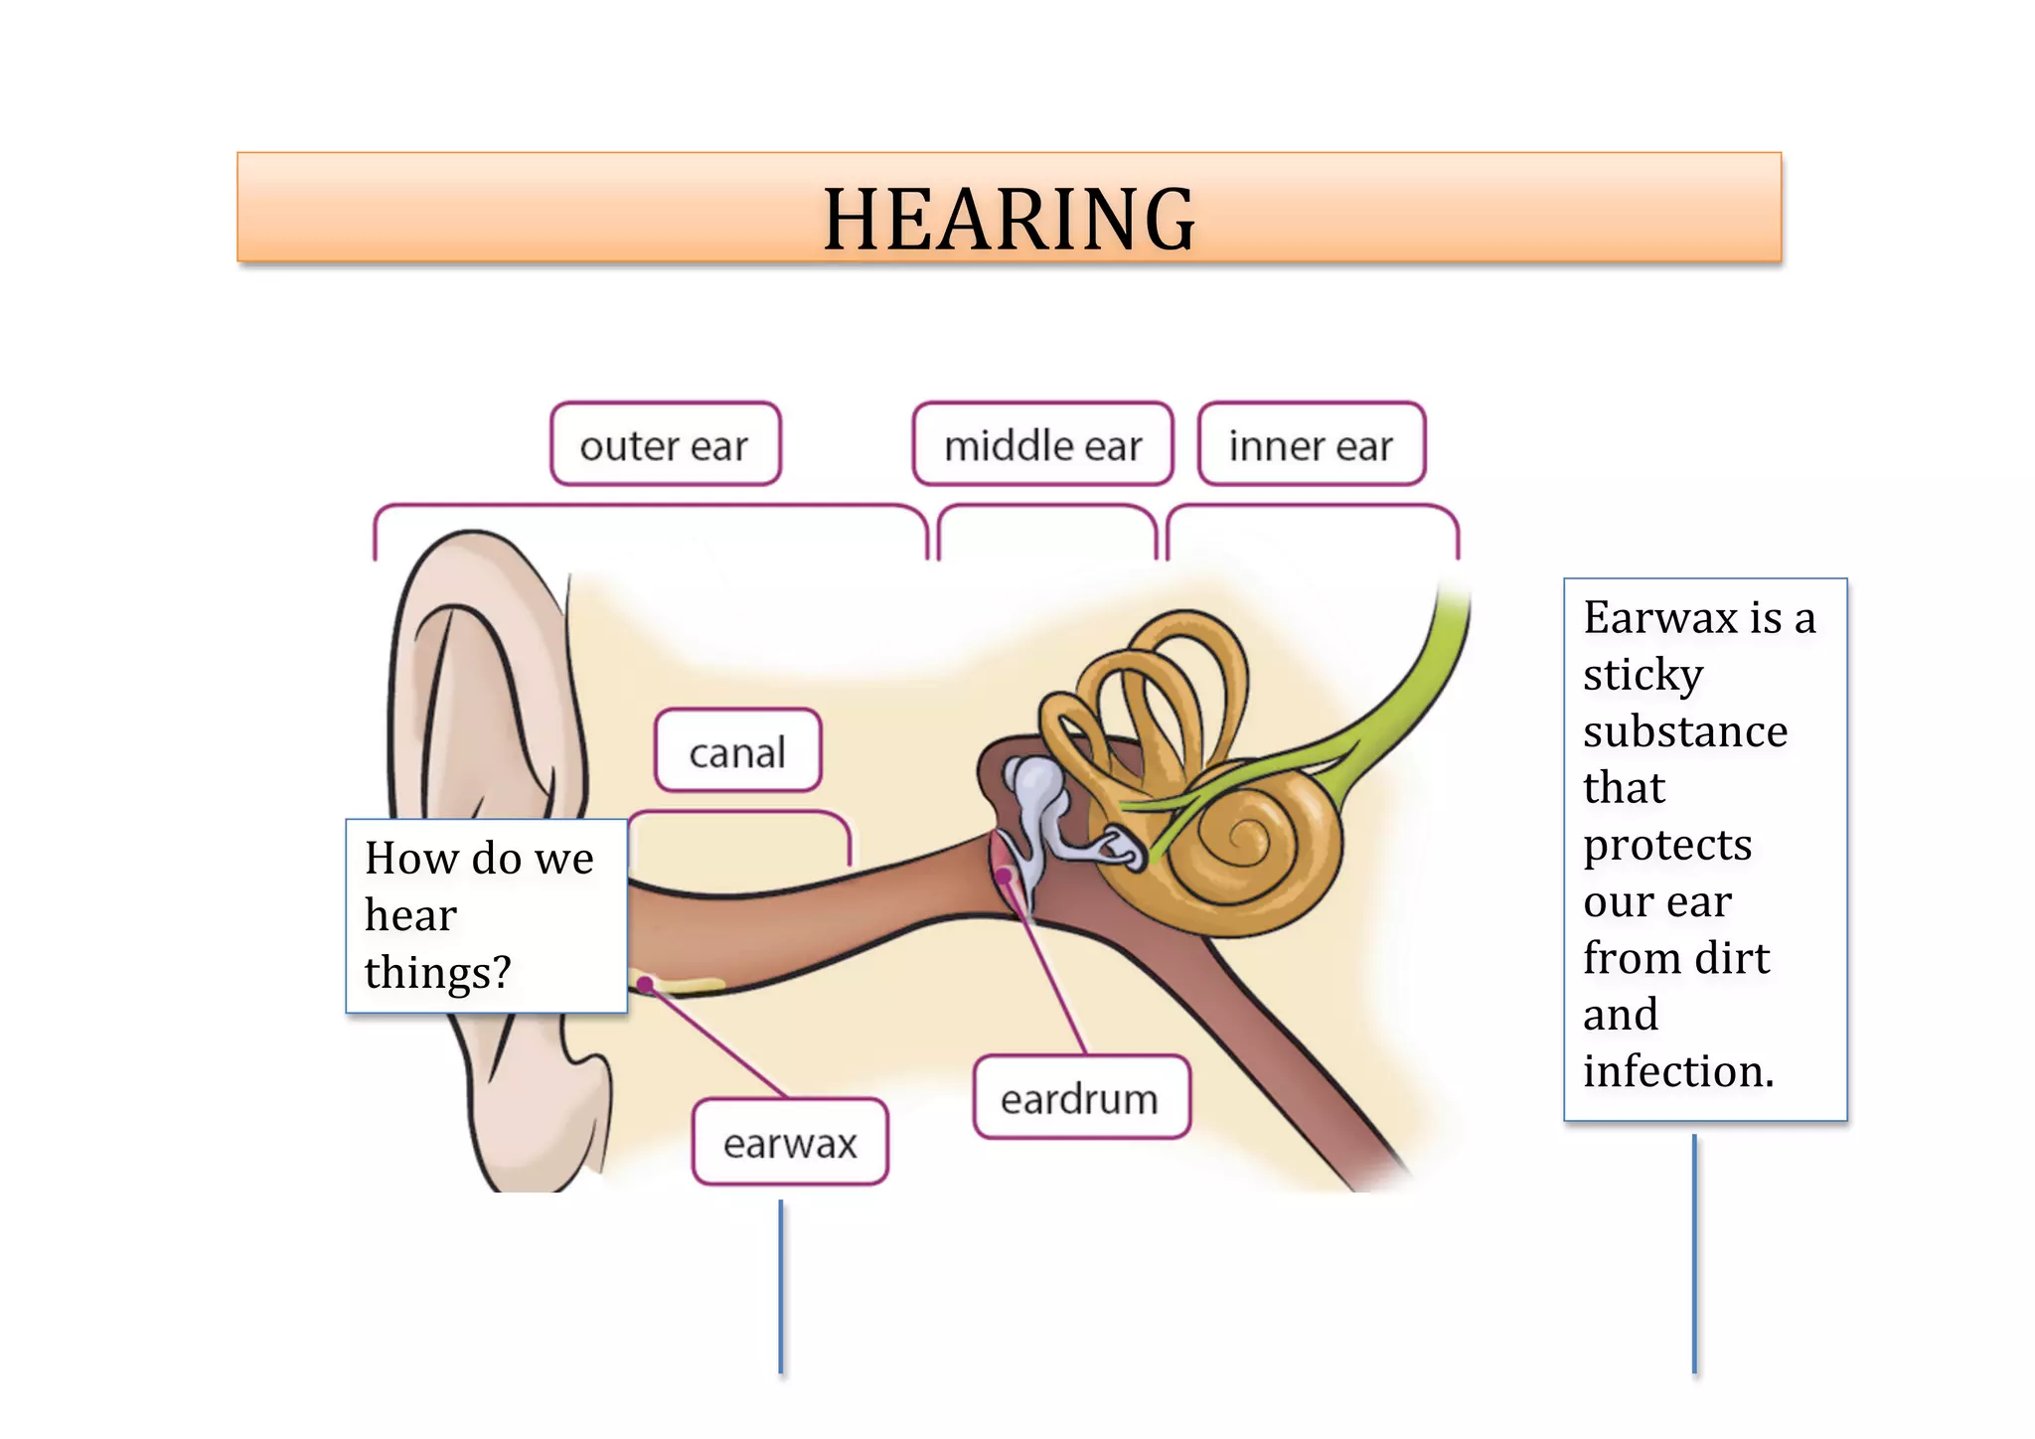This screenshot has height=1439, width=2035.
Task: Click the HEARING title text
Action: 1009,219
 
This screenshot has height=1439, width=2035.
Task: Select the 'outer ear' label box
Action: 665,444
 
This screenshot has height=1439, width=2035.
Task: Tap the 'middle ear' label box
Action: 1042,444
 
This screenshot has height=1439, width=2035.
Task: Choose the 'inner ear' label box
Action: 1311,444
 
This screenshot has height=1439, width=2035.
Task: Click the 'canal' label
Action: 737,751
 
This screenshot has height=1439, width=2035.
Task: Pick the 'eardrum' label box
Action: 1080,1098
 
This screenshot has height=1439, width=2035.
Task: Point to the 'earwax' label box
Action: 790,1142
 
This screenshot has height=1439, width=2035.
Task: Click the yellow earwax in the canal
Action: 686,986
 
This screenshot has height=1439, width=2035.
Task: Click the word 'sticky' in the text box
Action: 1643,675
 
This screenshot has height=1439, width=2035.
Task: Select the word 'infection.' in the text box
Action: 1678,1071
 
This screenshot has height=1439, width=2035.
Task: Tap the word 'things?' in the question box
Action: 437,972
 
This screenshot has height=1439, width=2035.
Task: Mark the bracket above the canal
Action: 739,815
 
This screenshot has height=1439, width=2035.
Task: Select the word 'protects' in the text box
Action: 1667,845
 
